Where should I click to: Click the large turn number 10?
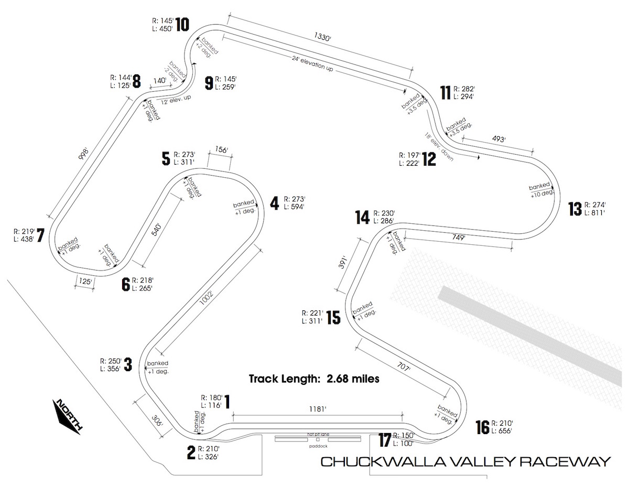[x=182, y=24]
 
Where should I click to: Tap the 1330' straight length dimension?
[x=322, y=37]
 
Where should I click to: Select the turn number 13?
[x=574, y=209]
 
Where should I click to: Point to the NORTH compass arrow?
[x=67, y=416]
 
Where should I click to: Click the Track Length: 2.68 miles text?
[x=314, y=379]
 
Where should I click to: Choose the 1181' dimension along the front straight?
[x=318, y=409]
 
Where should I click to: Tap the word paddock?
[x=318, y=446]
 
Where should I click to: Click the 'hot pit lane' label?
[x=318, y=434]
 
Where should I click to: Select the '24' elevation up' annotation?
[x=312, y=63]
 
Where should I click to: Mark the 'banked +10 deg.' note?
[x=541, y=190]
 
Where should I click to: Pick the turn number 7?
[x=40, y=235]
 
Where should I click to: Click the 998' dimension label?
[x=83, y=154]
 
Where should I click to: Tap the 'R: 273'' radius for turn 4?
[x=295, y=199]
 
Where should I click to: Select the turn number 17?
[x=385, y=440]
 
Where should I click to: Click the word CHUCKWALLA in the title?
[x=385, y=462]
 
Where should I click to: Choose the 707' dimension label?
[x=403, y=368]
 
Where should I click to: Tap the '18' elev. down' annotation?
[x=439, y=147]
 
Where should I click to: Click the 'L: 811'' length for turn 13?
[x=594, y=213]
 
